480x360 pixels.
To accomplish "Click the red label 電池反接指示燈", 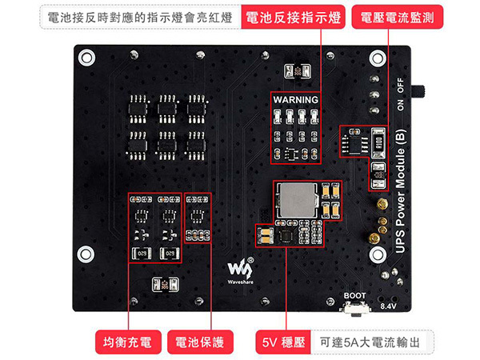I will (293, 18).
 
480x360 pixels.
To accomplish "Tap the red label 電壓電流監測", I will (398, 18).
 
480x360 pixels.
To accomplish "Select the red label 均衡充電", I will (127, 342).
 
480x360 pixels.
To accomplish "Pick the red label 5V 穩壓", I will (282, 342).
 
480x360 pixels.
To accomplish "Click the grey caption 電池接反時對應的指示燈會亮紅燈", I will (139, 18).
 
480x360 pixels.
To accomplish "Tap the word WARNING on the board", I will (295, 99).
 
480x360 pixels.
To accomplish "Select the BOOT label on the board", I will (355, 294).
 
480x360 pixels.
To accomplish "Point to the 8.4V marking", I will (388, 306).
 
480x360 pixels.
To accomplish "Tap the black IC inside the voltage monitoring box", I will (351, 141).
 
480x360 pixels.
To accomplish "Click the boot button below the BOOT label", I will (354, 308).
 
